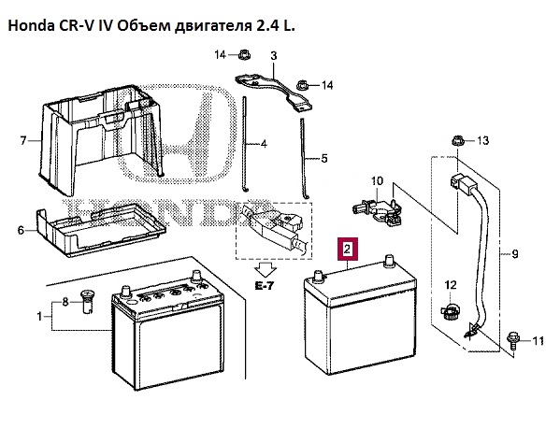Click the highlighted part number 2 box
348,249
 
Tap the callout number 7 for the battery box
23,140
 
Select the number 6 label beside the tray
22,230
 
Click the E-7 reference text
265,286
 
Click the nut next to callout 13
456,140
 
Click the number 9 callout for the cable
514,254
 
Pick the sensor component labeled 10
378,210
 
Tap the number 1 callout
39,316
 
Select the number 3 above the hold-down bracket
274,56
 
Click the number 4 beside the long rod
264,144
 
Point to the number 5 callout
323,159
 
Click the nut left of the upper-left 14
245,54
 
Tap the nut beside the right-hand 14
303,85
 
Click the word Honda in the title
30,26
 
